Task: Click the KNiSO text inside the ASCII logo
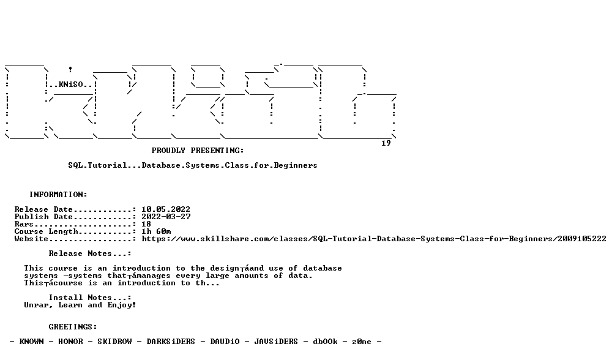pos(70,84)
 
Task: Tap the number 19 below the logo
pos(386,143)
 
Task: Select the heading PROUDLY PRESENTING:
pos(198,151)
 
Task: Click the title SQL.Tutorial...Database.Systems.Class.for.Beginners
pos(193,165)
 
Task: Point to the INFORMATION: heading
pos(58,195)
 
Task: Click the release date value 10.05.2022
pos(166,209)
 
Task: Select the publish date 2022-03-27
pos(166,217)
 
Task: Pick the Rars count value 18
pos(146,224)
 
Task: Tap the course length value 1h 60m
pos(156,231)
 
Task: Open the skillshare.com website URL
pos(374,239)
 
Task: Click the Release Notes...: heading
pos(90,253)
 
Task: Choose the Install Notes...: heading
pos(90,298)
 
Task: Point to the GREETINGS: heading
pos(73,327)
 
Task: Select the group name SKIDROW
pos(115,342)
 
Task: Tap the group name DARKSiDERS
pos(171,342)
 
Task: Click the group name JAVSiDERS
pos(276,342)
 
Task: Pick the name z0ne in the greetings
pos(362,342)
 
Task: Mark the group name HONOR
pos(70,342)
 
